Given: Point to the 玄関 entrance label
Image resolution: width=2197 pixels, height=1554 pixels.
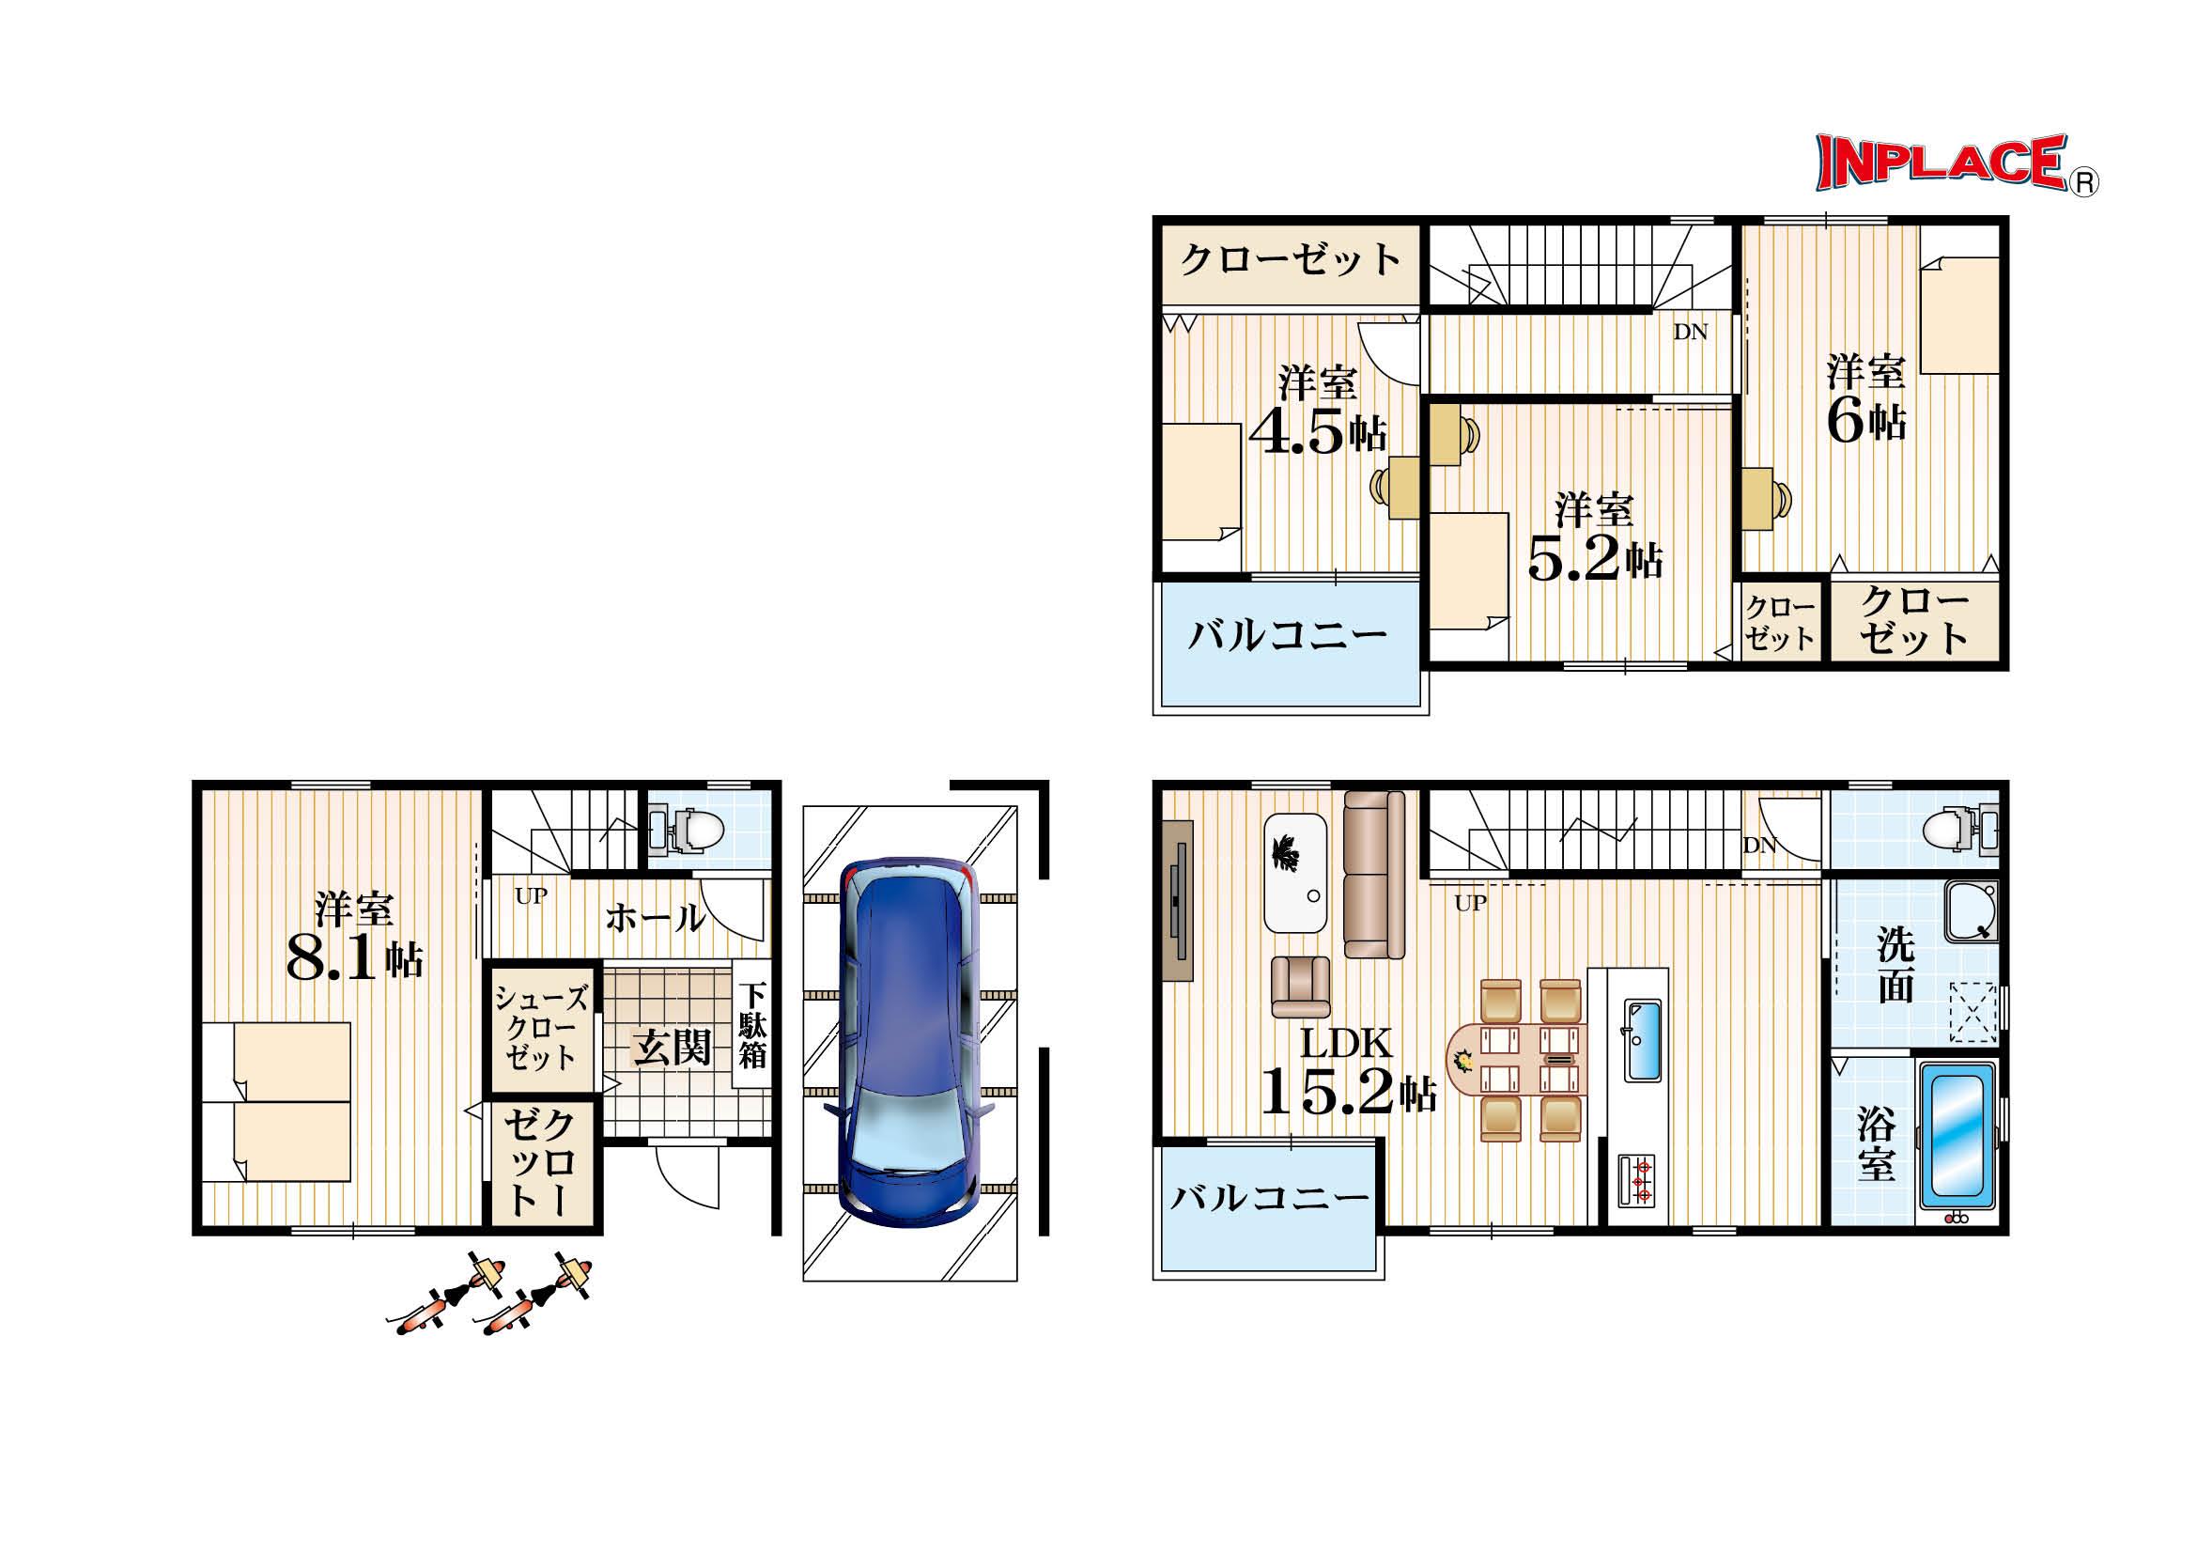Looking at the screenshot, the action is (673, 1049).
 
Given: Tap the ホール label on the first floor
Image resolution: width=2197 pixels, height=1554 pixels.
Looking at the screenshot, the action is (656, 917).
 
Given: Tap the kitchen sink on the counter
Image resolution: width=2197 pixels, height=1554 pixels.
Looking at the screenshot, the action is (1644, 1040).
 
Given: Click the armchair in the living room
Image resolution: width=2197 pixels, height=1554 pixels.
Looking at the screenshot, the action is (1300, 987).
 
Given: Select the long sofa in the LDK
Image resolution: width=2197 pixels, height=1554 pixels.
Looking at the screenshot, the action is (1373, 874).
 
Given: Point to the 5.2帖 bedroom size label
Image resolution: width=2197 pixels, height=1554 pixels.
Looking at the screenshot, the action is (1595, 559).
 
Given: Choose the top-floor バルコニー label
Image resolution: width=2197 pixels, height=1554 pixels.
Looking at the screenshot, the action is (1288, 634).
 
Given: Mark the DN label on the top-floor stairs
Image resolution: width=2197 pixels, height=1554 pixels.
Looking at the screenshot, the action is (1691, 332).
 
